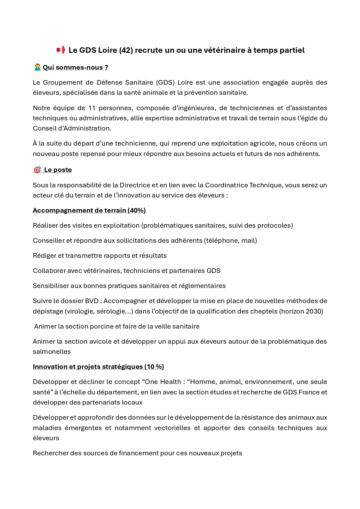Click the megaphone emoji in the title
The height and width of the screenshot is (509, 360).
coord(61,50)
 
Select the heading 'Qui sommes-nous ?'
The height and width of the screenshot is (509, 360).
coord(75,67)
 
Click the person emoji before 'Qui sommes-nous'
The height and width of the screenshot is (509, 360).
coord(37,67)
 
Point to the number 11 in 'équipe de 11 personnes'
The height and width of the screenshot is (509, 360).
coord(92,108)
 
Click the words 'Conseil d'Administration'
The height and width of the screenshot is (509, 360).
coord(72,128)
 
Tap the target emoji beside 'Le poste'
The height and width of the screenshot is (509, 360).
coord(37,170)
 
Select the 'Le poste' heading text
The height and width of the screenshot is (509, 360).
coord(58,170)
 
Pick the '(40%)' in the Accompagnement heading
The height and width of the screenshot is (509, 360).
coord(137,210)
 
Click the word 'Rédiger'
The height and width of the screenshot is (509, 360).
coord(44,256)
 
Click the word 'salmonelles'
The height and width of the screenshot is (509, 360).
coord(52,352)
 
